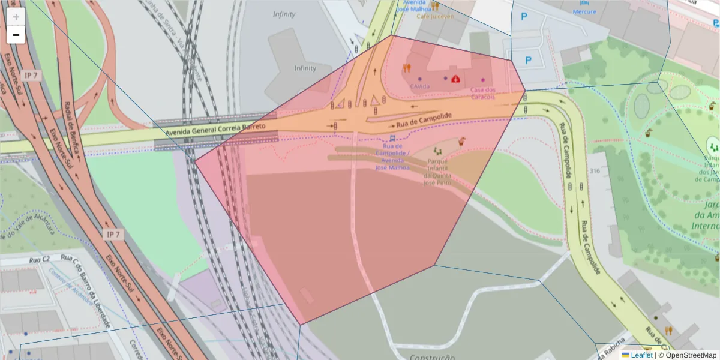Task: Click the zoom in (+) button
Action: pos(16,17)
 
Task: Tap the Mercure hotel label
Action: pos(584,12)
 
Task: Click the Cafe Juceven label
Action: pos(436,16)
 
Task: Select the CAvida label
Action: pos(419,86)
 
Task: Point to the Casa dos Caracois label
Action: pos(483,93)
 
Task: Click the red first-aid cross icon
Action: pos(456,78)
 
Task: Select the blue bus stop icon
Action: pos(392,138)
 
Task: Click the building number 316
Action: pos(595,171)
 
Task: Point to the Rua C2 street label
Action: pos(38,260)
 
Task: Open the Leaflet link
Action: pos(641,355)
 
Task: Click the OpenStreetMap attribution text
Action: pos(688,355)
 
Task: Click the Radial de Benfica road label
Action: pos(72,120)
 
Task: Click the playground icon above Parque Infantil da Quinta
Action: pos(437,150)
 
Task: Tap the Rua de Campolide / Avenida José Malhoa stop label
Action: pos(392,157)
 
